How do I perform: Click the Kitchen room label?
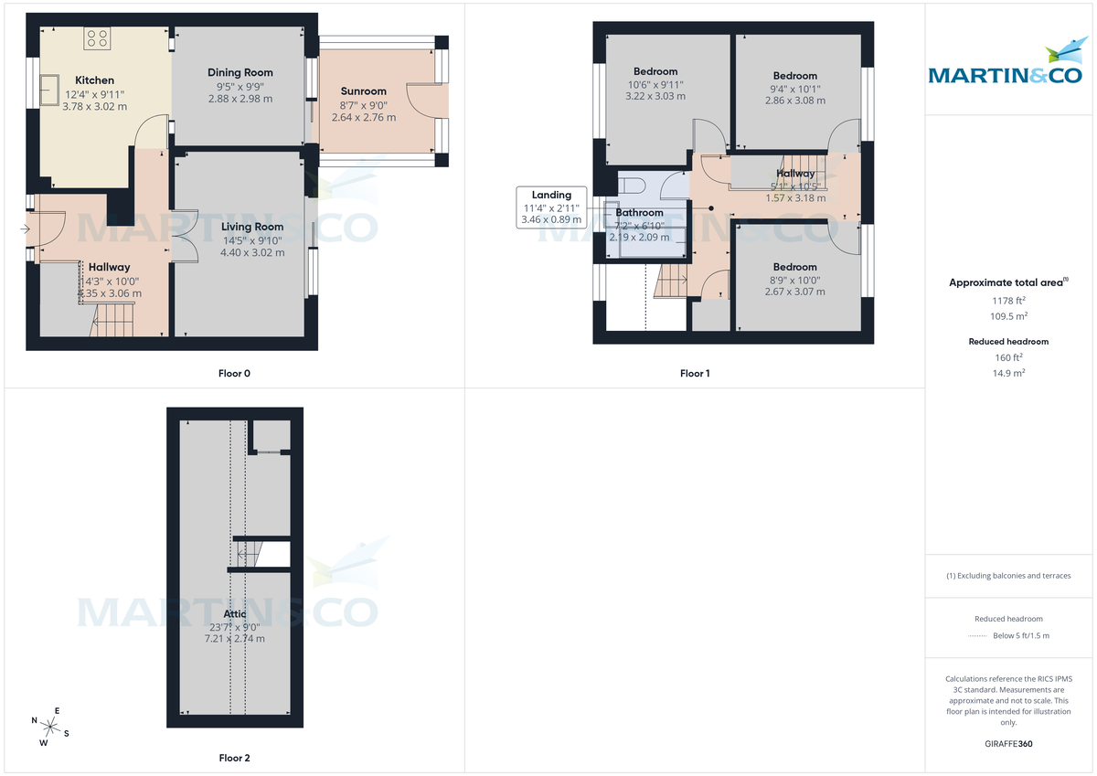tap(94, 80)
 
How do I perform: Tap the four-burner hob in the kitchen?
tap(98, 38)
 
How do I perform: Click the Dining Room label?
tap(240, 72)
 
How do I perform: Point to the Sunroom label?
tap(363, 91)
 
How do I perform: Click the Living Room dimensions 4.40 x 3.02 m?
tap(252, 253)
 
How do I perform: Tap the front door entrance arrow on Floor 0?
tap(23, 229)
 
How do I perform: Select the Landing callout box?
tap(551, 207)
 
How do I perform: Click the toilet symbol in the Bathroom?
tap(631, 186)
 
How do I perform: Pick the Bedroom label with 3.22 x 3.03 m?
tap(655, 71)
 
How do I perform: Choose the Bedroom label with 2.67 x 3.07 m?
tap(794, 268)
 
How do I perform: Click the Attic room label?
tap(235, 614)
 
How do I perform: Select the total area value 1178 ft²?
tap(1008, 299)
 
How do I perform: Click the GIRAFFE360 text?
tap(1008, 744)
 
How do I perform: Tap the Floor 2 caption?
tap(234, 758)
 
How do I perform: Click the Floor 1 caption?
tap(695, 373)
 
